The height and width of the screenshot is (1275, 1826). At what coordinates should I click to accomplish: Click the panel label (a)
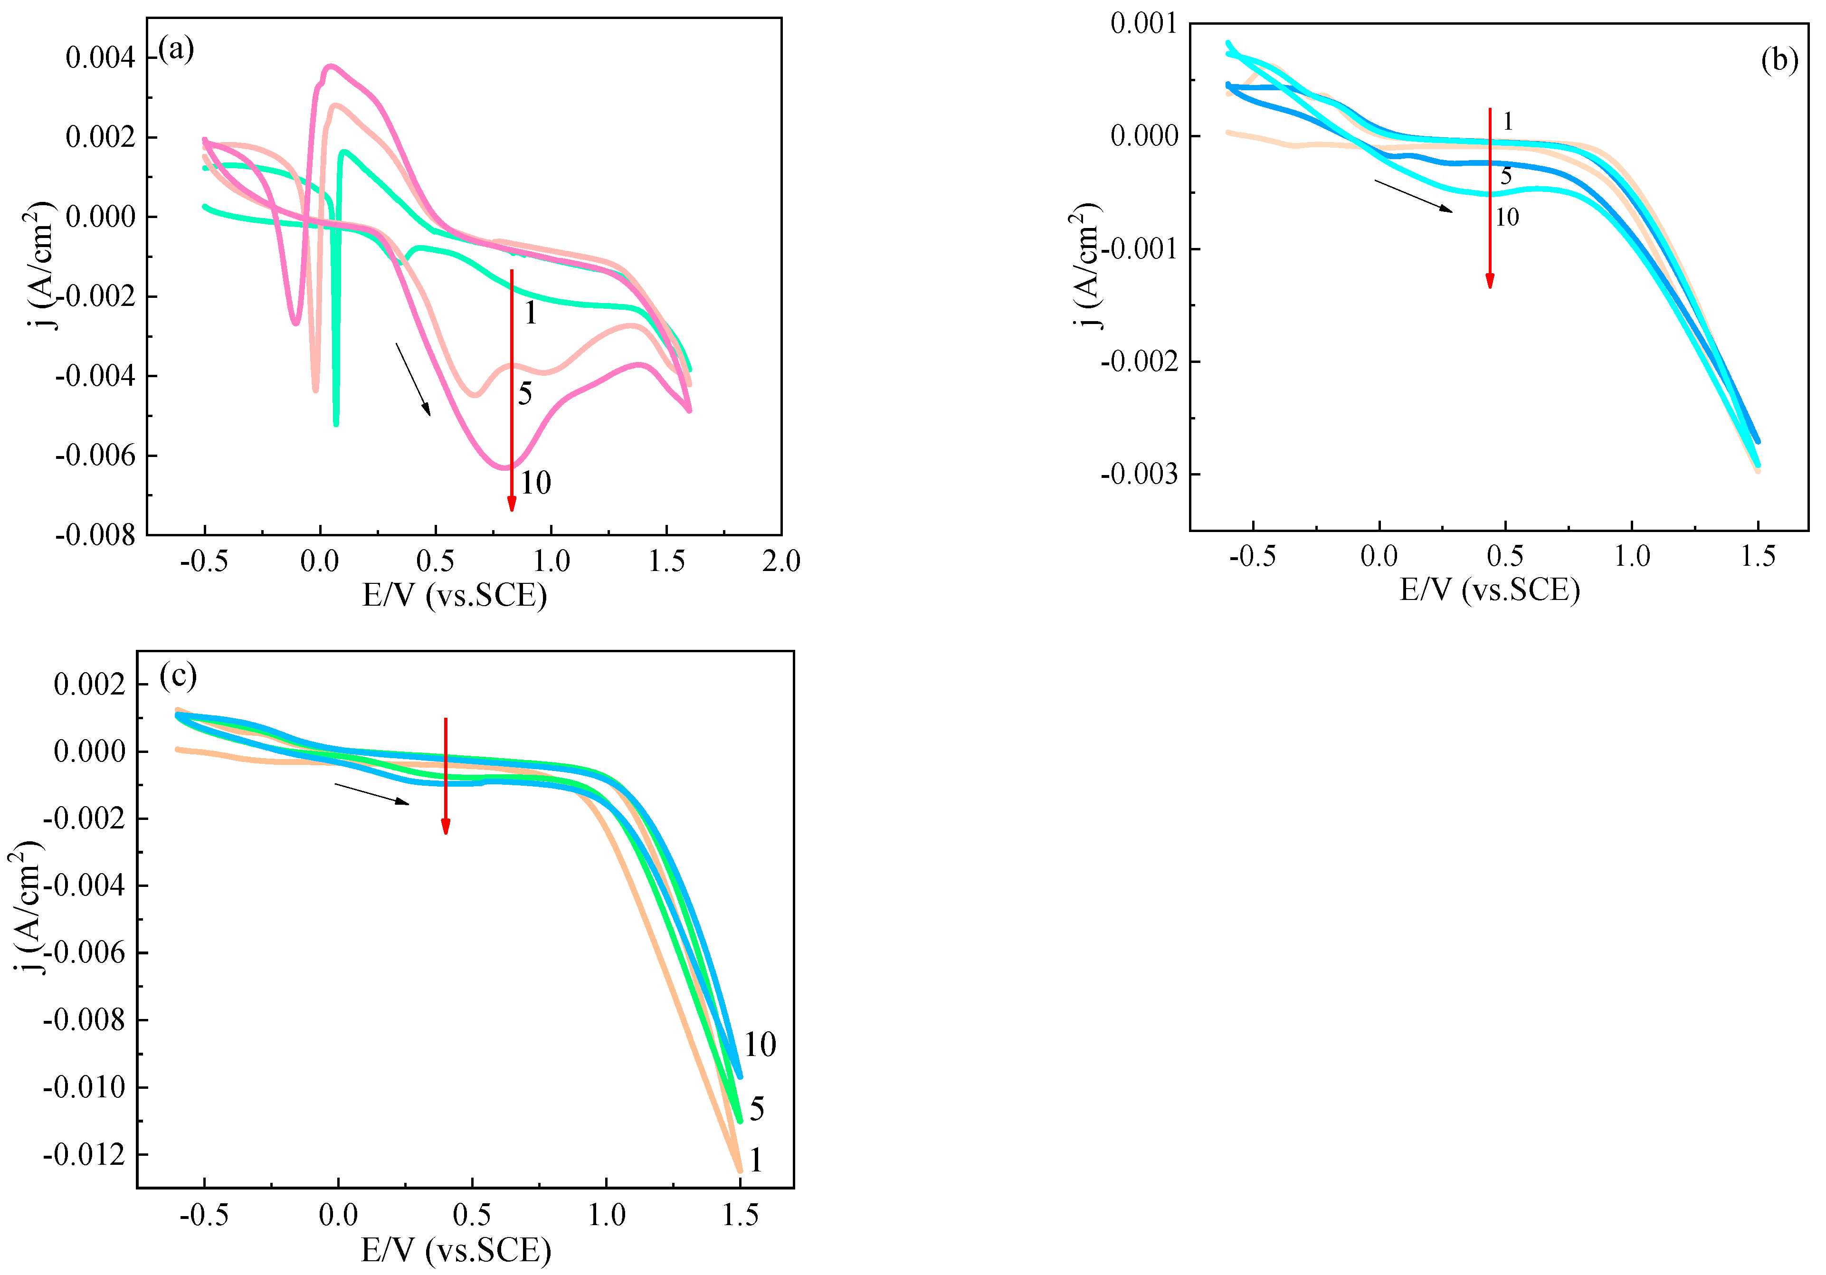coord(176,49)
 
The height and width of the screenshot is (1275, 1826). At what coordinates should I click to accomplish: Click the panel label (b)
coord(1779,60)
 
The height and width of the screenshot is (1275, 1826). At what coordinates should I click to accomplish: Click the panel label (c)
coord(177,676)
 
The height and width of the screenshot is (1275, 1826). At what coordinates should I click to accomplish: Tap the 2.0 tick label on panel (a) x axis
coord(781,561)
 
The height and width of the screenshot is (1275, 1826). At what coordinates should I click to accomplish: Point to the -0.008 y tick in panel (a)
coord(95,535)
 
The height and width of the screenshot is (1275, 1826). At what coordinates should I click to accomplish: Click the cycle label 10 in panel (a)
coord(535,483)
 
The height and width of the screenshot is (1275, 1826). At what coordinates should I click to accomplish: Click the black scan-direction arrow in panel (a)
coord(414,380)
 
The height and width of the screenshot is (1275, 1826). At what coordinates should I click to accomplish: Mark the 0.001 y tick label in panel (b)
coord(1144,24)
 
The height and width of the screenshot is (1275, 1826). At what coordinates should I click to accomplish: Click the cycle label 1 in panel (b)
coord(1508,122)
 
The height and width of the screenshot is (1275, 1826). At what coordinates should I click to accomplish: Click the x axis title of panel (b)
coord(1489,590)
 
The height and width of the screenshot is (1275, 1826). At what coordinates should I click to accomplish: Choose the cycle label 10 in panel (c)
coord(760,1044)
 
